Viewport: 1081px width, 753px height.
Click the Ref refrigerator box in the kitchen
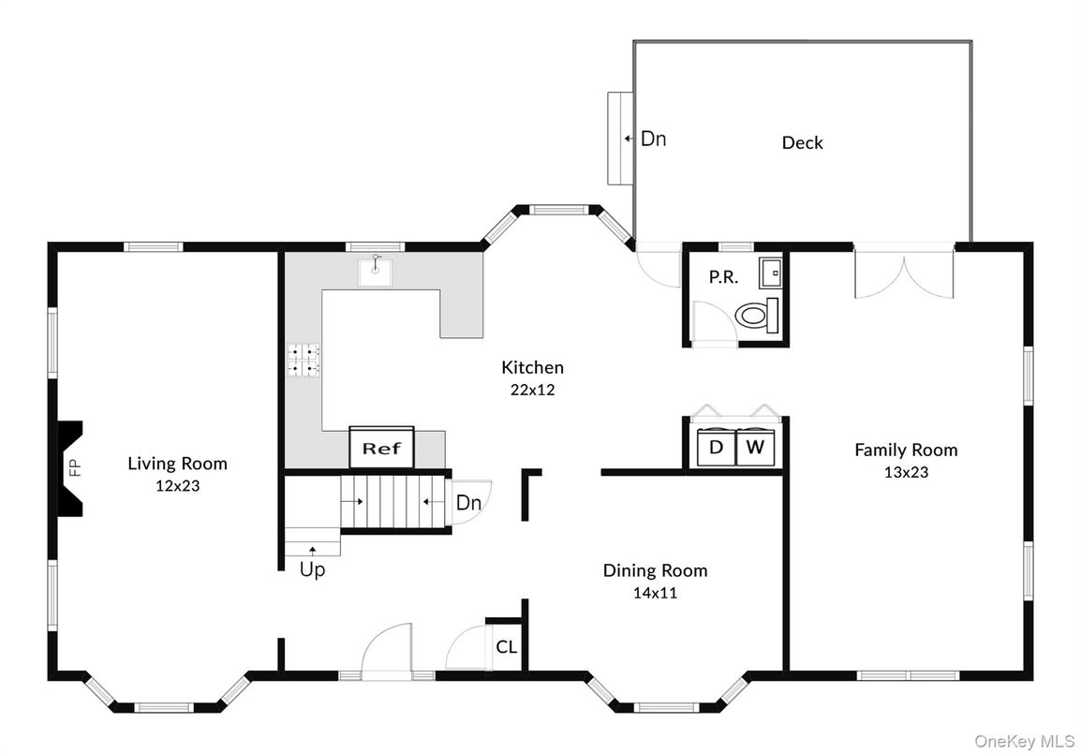(381, 448)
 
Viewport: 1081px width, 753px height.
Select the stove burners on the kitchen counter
(304, 361)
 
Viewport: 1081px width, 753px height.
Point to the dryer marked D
(716, 448)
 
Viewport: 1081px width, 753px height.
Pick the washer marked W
(755, 448)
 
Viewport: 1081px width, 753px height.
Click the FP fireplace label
(76, 466)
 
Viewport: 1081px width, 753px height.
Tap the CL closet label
(506, 646)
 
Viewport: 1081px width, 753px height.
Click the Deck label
(802, 142)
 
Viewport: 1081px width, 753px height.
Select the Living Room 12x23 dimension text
(177, 486)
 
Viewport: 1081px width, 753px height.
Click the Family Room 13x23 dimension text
(906, 472)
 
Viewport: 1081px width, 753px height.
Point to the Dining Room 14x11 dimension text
(655, 592)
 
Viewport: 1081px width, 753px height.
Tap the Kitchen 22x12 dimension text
(532, 390)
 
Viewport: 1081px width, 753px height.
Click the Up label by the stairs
(312, 569)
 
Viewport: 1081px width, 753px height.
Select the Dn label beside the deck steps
(653, 139)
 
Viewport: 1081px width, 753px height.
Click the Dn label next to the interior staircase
(468, 503)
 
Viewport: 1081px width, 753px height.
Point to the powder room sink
(770, 272)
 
